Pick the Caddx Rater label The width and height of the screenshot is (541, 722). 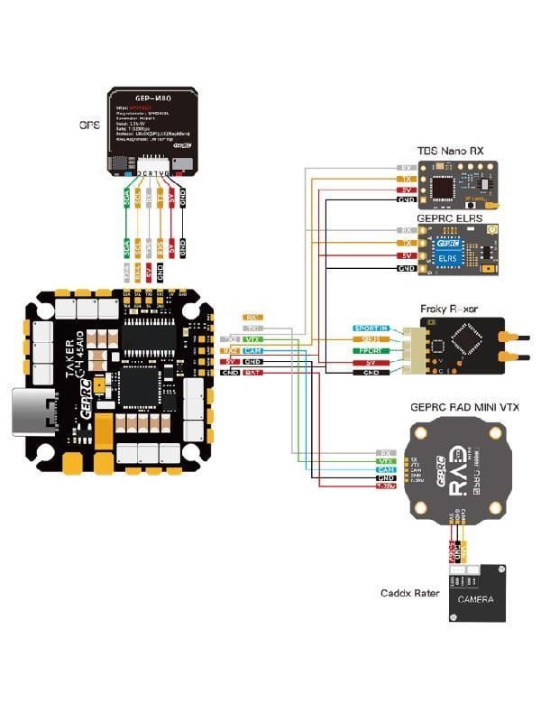click(x=409, y=594)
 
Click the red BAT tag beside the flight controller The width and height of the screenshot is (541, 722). click(x=252, y=372)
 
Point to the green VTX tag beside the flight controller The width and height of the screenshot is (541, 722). click(x=253, y=339)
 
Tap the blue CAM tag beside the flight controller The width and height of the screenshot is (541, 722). click(x=253, y=350)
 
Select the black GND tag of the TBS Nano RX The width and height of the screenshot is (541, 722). click(x=407, y=200)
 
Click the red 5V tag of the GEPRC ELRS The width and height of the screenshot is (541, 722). click(x=407, y=256)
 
